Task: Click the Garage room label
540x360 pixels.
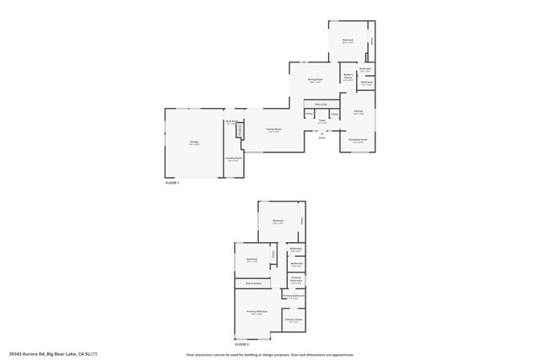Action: point(193,143)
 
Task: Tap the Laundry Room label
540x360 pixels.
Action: point(234,159)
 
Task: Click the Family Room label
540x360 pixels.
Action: point(273,130)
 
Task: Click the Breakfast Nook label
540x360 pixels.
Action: point(357,140)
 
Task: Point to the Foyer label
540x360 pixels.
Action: point(322,121)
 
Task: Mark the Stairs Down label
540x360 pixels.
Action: point(253,283)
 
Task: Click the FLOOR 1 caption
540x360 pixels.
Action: point(173,183)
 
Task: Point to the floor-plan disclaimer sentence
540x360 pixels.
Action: point(270,354)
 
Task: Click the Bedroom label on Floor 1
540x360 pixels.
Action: point(348,40)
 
